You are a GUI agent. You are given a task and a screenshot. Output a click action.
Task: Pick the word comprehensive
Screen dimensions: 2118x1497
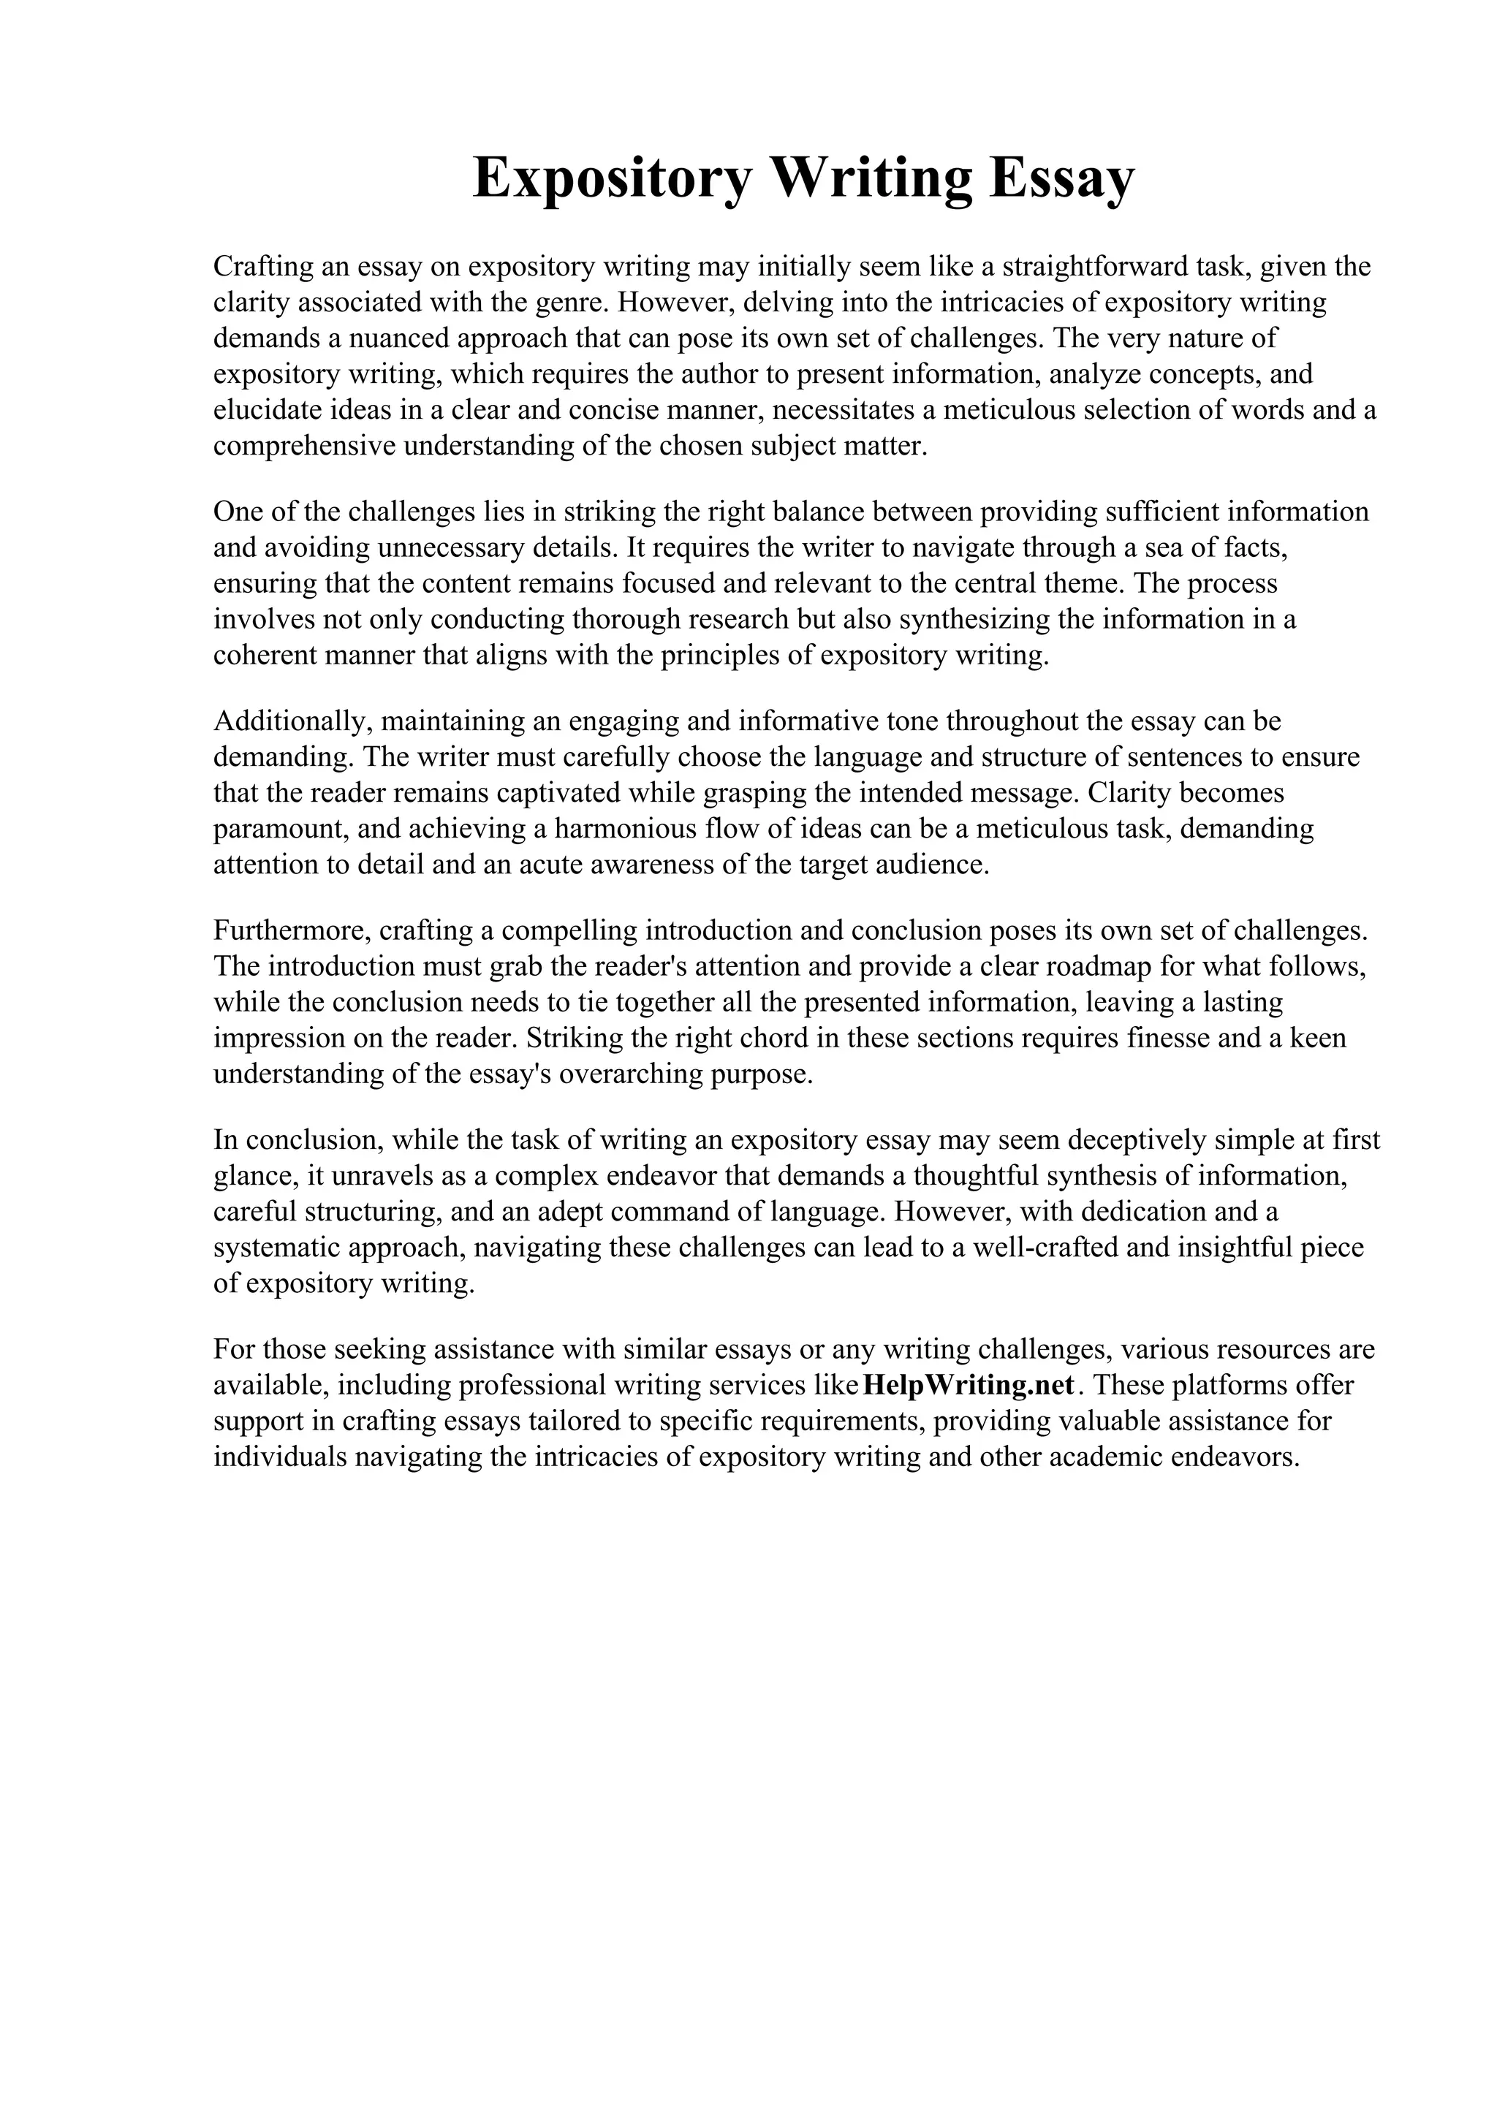coord(306,447)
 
